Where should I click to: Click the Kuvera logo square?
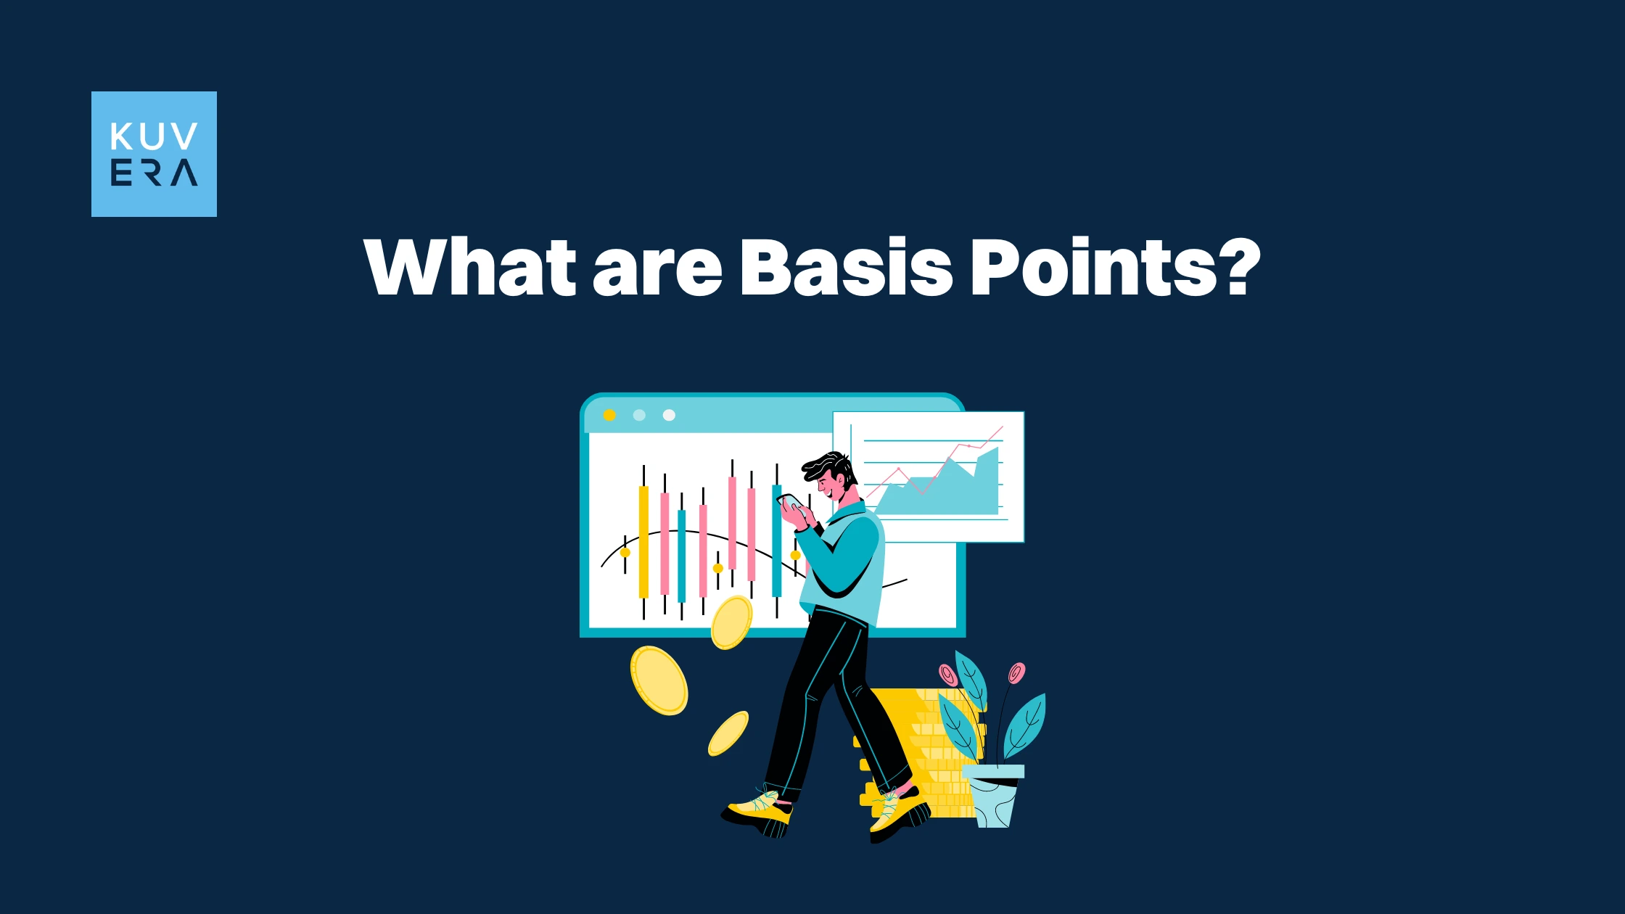[x=154, y=154]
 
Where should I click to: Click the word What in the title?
[x=470, y=267]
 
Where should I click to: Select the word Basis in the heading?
[x=845, y=267]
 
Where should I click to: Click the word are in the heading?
[x=657, y=272]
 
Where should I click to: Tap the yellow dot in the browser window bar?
[x=609, y=415]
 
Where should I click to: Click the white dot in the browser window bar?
[x=669, y=415]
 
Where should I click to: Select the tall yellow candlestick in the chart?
[x=643, y=541]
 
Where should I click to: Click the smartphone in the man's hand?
[x=789, y=501]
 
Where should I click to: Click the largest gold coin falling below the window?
[x=659, y=680]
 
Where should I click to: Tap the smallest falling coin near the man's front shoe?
[x=728, y=733]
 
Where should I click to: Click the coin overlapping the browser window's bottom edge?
[x=731, y=622]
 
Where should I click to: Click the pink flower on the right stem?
[x=1016, y=673]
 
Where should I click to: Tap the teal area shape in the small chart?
[x=943, y=490]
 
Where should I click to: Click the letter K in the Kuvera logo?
[x=121, y=136]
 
